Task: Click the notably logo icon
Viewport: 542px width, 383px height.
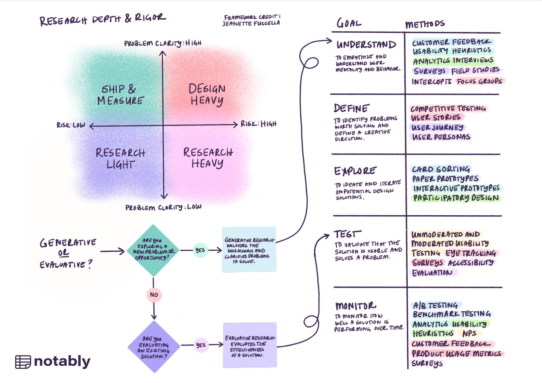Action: [x=23, y=362]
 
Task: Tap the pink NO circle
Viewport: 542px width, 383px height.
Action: [x=154, y=295]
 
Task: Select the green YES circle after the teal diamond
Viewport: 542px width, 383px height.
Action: [x=200, y=250]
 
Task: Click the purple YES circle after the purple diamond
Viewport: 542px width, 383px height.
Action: [x=201, y=345]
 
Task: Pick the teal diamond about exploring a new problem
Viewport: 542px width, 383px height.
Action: [x=154, y=250]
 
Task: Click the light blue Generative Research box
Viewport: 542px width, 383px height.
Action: [x=249, y=250]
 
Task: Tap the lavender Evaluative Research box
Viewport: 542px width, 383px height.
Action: [x=249, y=346]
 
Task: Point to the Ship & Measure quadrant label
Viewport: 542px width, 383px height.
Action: [x=120, y=95]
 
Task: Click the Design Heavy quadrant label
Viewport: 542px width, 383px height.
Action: [x=207, y=95]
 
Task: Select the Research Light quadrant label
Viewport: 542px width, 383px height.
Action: [x=120, y=158]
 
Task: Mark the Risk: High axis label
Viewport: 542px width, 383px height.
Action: [x=259, y=124]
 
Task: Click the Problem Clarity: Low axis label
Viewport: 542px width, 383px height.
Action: [x=163, y=207]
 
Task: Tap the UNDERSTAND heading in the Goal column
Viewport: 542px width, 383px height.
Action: [x=366, y=45]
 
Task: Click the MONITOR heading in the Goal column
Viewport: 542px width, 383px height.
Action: [x=356, y=305]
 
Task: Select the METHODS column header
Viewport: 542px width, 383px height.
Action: [x=425, y=24]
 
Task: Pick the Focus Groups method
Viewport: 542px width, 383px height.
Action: [x=479, y=81]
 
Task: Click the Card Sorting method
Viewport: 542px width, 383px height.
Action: [x=441, y=169]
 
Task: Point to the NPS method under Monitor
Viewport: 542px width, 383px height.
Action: [x=470, y=333]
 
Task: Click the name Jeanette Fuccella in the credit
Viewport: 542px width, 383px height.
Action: [x=251, y=23]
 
